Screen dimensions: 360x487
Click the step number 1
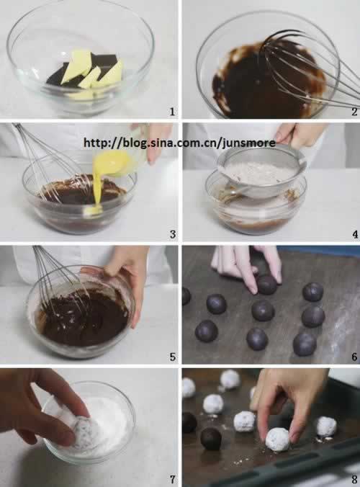tap(172, 112)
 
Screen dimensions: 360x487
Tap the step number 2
tap(354, 112)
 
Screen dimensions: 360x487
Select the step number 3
tap(173, 234)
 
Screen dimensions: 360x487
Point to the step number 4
tap(355, 234)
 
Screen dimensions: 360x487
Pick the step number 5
tap(173, 357)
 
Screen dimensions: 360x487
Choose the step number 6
tap(354, 357)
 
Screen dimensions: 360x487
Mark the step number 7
tap(173, 480)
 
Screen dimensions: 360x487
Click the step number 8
tap(354, 480)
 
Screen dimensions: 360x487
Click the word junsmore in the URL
tap(249, 143)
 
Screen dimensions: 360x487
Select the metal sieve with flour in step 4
tap(261, 169)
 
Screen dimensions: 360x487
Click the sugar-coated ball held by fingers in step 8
tap(277, 439)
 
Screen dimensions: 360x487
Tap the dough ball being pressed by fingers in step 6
tap(266, 285)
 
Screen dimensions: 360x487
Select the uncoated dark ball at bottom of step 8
tap(211, 439)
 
